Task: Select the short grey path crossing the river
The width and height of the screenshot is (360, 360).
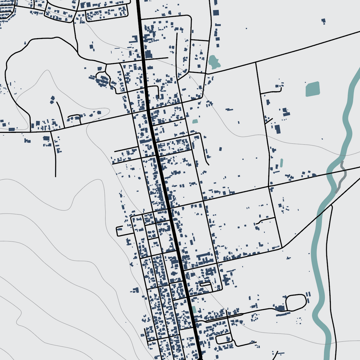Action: [341, 178]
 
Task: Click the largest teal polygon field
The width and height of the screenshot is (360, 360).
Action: [313, 89]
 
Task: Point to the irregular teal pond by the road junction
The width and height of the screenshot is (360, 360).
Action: [213, 62]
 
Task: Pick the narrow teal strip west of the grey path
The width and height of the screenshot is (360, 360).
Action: [282, 163]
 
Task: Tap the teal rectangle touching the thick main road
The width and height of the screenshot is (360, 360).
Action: [194, 310]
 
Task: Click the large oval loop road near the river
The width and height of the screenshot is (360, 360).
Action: [296, 303]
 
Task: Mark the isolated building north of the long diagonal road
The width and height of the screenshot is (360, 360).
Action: [323, 21]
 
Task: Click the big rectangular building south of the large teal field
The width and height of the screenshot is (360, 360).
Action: [278, 129]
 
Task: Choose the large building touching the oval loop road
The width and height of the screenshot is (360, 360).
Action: [280, 308]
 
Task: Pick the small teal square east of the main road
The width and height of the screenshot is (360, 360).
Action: [195, 121]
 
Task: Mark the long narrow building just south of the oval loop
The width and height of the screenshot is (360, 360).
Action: [283, 314]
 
